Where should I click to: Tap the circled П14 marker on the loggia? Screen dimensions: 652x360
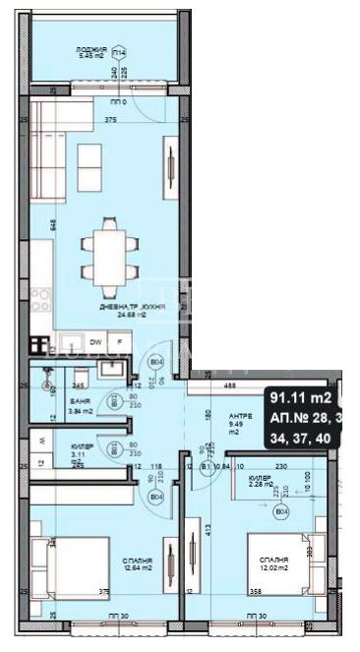click(x=118, y=51)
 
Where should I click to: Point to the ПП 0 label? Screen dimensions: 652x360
click(x=118, y=101)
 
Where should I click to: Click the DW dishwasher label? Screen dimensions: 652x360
click(x=96, y=342)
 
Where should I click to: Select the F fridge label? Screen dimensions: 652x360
click(x=119, y=342)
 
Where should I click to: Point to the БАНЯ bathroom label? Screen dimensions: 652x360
click(x=81, y=403)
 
